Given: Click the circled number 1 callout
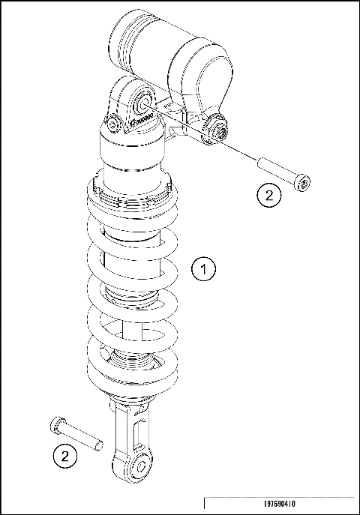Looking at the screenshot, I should click(x=203, y=268).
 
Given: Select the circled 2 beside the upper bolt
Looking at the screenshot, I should click(x=268, y=196).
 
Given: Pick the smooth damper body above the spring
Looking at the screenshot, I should click(x=133, y=161).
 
